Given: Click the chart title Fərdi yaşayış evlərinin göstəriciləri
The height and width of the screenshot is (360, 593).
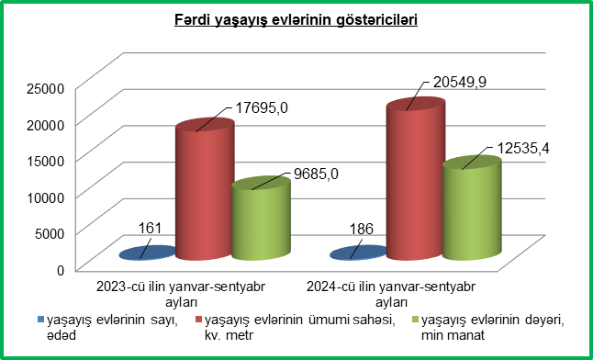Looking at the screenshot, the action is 296,19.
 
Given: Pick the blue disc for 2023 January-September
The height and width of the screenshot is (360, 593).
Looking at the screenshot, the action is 148,253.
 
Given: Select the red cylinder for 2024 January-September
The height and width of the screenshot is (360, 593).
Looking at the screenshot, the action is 415,179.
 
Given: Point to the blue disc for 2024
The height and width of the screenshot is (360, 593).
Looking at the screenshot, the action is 358,253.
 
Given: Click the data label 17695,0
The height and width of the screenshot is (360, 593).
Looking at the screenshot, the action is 262,108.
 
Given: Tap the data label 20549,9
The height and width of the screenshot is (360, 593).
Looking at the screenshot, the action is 455,82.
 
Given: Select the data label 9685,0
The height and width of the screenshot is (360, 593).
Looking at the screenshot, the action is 316,174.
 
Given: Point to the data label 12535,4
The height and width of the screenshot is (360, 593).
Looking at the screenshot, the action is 522,149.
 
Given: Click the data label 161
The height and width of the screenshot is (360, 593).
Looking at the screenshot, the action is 151,229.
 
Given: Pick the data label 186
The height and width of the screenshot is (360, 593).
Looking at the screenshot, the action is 362,229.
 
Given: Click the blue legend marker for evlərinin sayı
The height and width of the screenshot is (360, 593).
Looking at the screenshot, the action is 40,321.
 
